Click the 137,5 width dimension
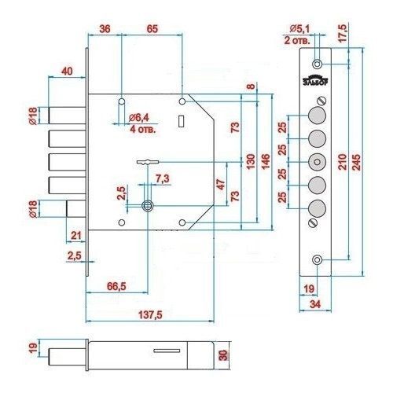click(150, 314)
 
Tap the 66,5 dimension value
click(116, 286)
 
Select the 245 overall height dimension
click(356, 163)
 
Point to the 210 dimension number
click(342, 162)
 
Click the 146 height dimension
click(265, 161)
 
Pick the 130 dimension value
click(251, 162)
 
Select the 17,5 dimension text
click(342, 33)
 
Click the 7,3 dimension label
click(163, 178)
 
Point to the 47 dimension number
click(221, 184)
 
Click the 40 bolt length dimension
click(67, 71)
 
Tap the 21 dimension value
click(75, 236)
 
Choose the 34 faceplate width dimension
click(315, 304)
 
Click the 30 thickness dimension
click(223, 355)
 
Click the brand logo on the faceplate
click(316, 81)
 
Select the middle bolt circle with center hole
click(317, 162)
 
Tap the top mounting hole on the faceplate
click(317, 64)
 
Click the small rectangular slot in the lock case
click(181, 121)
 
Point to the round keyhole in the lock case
click(147, 206)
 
